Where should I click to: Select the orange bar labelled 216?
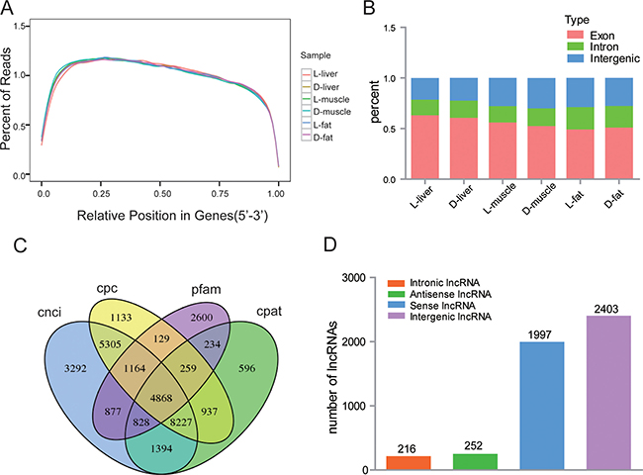407,462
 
